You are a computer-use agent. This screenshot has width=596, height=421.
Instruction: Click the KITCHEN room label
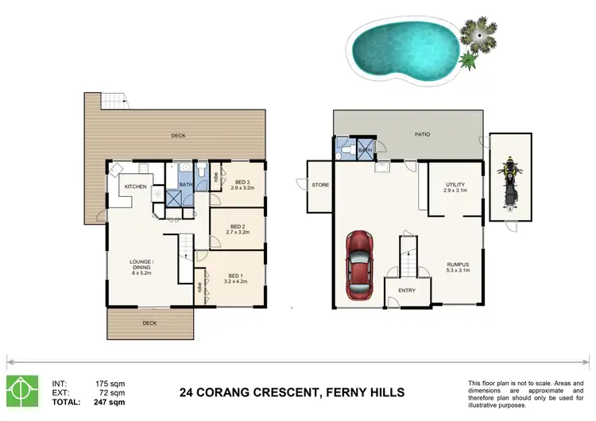[134, 187]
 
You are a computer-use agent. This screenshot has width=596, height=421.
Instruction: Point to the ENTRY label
[407, 291]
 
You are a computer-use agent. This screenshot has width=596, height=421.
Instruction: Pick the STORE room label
[319, 186]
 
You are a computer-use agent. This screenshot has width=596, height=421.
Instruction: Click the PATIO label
[422, 134]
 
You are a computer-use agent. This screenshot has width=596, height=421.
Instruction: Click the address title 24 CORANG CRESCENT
[292, 392]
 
